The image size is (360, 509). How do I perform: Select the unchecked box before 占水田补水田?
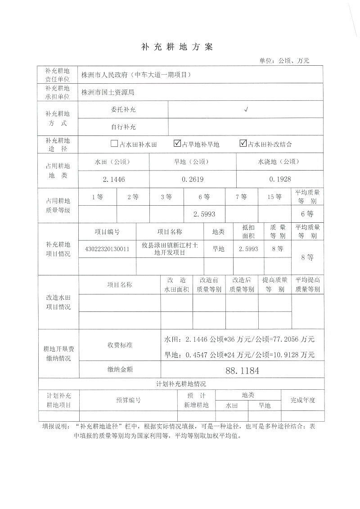pyautogui.click(x=114, y=144)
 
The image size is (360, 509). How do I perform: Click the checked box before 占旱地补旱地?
pyautogui.click(x=177, y=144)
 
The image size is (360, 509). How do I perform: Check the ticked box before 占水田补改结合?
pyautogui.click(x=243, y=144)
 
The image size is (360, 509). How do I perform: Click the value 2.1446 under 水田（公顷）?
pyautogui.click(x=113, y=179)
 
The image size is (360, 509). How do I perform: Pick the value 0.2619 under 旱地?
pyautogui.click(x=193, y=179)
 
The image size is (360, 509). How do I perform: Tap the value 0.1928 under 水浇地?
pyautogui.click(x=280, y=179)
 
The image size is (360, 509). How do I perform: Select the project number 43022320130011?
pyautogui.click(x=107, y=249)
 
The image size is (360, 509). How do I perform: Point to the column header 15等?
pyautogui.click(x=274, y=197)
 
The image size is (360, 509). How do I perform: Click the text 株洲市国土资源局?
pyautogui.click(x=108, y=92)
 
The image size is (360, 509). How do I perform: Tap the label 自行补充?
pyautogui.click(x=123, y=127)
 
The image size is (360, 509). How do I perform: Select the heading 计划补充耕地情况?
pyautogui.click(x=181, y=384)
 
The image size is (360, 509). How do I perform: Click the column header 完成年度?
pyautogui.click(x=302, y=400)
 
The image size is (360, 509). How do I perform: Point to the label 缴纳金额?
pyautogui.click(x=120, y=369)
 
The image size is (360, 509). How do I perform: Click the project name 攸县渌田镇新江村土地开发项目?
pyautogui.click(x=169, y=249)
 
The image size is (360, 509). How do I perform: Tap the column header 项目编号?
pyautogui.click(x=107, y=232)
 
